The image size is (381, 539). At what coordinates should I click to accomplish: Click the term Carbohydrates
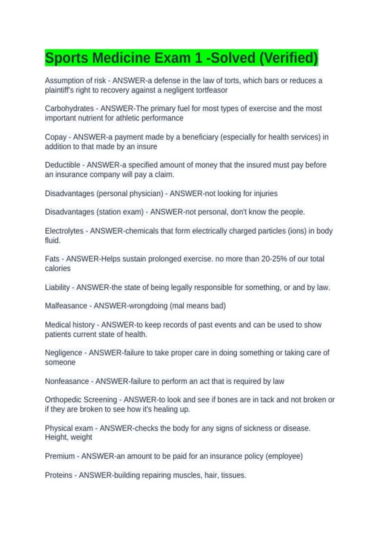(69, 108)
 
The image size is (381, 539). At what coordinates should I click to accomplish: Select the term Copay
(56, 137)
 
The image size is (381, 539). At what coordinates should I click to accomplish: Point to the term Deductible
(63, 165)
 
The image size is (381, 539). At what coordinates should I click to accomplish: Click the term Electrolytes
(64, 231)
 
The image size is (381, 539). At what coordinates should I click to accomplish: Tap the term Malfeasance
(66, 306)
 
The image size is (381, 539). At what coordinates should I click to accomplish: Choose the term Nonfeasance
(67, 381)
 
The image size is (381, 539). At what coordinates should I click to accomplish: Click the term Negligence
(63, 353)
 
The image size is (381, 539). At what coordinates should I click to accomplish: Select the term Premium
(60, 456)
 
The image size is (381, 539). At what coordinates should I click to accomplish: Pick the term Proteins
(58, 475)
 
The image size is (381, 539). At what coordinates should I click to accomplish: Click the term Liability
(57, 287)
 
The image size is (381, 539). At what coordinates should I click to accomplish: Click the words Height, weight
(69, 437)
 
